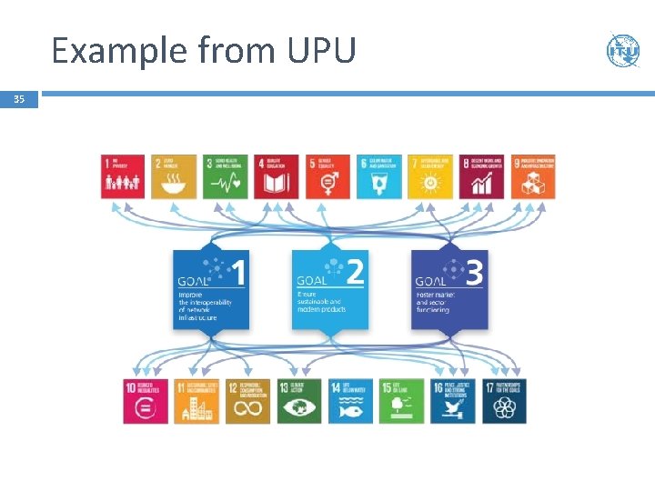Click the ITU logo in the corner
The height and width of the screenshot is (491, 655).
pyautogui.click(x=623, y=50)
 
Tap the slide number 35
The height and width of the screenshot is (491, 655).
pyautogui.click(x=19, y=100)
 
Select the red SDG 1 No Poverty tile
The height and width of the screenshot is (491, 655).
pyautogui.click(x=123, y=176)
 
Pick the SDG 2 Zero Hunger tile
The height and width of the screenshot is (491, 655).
pyautogui.click(x=173, y=176)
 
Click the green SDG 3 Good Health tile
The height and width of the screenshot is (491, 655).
pyautogui.click(x=225, y=176)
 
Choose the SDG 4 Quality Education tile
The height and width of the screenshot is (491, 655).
pyautogui.click(x=276, y=176)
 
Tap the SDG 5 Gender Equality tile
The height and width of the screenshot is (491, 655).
pyautogui.click(x=327, y=176)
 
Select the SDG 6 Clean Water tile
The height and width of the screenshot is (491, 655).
pyautogui.click(x=378, y=176)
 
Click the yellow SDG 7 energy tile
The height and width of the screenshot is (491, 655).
pyautogui.click(x=429, y=176)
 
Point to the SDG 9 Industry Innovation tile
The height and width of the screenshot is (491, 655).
pyautogui.click(x=532, y=176)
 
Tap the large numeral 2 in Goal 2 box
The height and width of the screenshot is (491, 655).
pyautogui.click(x=356, y=272)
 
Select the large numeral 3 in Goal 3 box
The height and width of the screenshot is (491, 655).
pyautogui.click(x=474, y=272)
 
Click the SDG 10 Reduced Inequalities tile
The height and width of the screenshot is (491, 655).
pyautogui.click(x=146, y=401)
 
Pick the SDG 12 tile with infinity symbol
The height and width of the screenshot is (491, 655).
pyautogui.click(x=248, y=401)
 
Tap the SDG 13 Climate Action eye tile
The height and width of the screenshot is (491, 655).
pyautogui.click(x=299, y=401)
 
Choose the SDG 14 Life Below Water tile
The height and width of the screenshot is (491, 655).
pyautogui.click(x=350, y=401)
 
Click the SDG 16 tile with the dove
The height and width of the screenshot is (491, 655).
pyautogui.click(x=453, y=401)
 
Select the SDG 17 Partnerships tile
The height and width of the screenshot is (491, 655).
pyautogui.click(x=504, y=401)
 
